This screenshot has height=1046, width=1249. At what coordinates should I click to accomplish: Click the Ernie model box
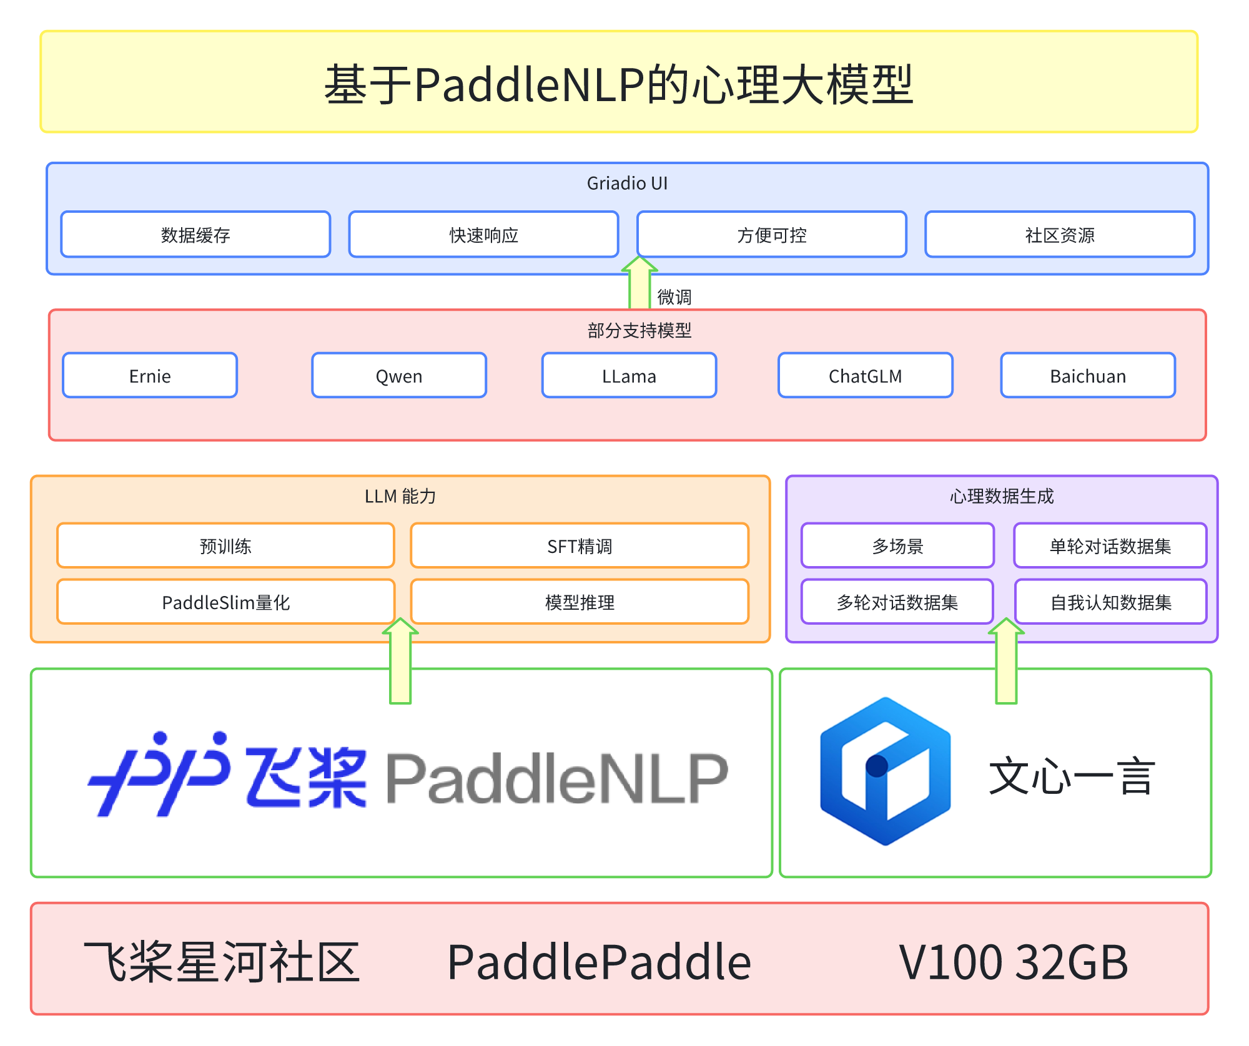click(150, 376)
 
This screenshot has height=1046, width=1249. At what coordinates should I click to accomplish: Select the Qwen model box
click(399, 376)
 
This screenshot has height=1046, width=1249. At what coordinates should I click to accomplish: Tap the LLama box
click(629, 376)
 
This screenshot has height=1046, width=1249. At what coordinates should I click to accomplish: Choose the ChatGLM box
click(865, 376)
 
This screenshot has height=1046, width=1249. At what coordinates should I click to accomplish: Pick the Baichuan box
click(1088, 376)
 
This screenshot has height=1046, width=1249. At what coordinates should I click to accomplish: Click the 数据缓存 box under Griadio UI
click(195, 235)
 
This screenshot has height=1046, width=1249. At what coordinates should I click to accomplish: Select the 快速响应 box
click(483, 235)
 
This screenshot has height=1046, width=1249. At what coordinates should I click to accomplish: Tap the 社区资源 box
click(1060, 235)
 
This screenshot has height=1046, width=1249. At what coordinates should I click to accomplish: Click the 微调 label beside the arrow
click(674, 296)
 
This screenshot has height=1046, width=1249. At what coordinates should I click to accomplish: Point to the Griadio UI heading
click(627, 183)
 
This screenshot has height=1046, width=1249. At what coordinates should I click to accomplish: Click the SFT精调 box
click(580, 546)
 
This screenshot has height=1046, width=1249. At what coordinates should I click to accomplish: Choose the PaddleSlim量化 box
click(225, 602)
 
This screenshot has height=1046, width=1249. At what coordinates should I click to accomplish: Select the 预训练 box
click(225, 546)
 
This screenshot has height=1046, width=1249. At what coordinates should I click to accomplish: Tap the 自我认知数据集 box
click(1110, 602)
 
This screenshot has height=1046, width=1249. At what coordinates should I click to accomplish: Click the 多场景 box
click(897, 546)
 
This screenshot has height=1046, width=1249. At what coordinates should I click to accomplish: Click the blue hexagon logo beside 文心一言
click(885, 771)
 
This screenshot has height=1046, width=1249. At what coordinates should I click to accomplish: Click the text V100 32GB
click(1013, 962)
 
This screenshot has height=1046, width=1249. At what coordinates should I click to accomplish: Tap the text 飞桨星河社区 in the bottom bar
click(222, 962)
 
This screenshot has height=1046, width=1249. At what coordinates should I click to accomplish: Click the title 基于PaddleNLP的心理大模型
click(618, 84)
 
